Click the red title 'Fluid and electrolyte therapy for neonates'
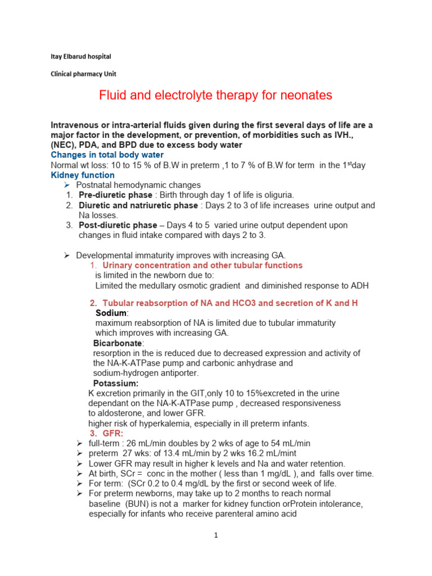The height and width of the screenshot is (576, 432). tap(215, 96)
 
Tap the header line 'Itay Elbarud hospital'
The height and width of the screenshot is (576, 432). tap(78, 57)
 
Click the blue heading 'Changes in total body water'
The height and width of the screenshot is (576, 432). tap(107, 155)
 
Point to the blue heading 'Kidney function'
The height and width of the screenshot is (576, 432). tap(82, 175)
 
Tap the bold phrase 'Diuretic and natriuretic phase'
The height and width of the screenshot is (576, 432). tap(138, 205)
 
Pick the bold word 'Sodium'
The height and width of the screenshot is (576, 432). tap(111, 313)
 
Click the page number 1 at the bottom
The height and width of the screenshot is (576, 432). tap(215, 535)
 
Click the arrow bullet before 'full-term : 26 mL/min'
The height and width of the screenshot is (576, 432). tap(79, 443)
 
